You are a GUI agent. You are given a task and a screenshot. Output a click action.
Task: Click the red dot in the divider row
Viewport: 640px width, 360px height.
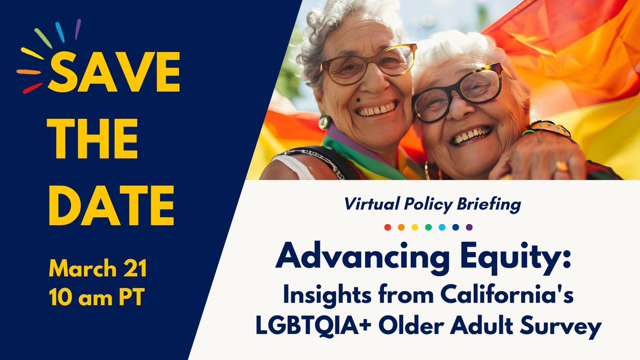click(x=388, y=227)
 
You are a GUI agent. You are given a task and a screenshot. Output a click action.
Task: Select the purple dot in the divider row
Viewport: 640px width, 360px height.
click(x=469, y=227)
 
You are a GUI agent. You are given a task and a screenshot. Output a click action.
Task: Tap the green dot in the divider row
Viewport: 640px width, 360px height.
click(x=428, y=227)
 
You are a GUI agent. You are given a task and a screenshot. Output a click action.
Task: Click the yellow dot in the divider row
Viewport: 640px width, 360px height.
click(x=415, y=227)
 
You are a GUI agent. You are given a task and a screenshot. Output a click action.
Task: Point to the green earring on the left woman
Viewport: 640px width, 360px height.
click(x=324, y=121)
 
